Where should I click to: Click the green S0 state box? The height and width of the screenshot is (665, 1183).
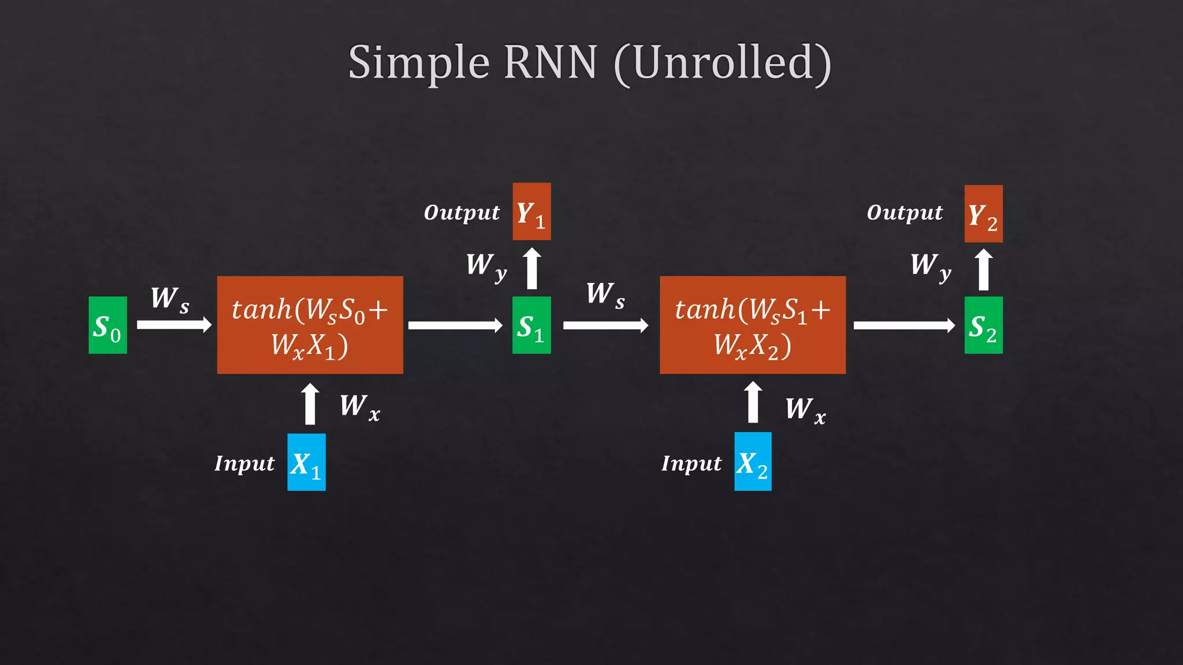(107, 325)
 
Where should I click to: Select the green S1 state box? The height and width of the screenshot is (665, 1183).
(531, 325)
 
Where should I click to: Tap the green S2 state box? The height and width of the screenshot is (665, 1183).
(983, 325)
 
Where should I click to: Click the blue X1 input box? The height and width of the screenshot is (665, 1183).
(306, 462)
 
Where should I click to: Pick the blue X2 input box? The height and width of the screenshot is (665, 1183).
(753, 461)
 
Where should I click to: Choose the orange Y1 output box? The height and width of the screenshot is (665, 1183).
(531, 211)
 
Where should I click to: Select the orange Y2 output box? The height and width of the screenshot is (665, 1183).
(983, 214)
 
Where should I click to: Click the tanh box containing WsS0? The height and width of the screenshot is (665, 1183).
(310, 325)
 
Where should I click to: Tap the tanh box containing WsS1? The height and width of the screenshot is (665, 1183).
(753, 325)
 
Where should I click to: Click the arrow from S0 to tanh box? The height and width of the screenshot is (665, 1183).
(174, 325)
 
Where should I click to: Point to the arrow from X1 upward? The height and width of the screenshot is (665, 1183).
(310, 404)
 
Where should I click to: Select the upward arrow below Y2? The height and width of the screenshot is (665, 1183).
(984, 270)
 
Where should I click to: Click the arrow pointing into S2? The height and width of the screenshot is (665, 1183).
(904, 325)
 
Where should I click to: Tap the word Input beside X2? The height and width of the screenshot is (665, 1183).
(691, 464)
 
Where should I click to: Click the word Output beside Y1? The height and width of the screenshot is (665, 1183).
(462, 212)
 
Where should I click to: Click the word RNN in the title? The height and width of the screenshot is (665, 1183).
(550, 62)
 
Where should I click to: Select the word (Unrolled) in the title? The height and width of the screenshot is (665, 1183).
(722, 63)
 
